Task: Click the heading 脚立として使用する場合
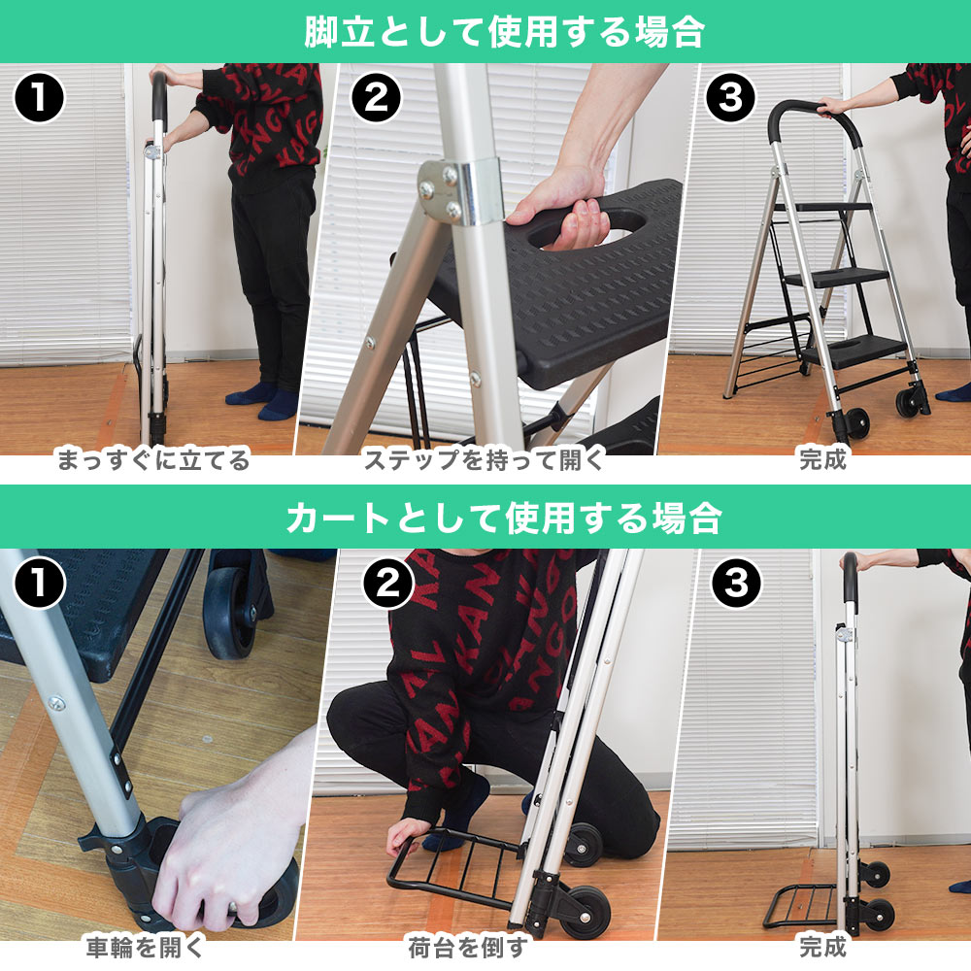(x=504, y=32)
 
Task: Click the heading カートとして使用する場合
(x=504, y=518)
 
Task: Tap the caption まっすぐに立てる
(x=153, y=459)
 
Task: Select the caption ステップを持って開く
(x=484, y=459)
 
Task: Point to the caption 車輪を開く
(x=145, y=947)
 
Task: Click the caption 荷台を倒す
(x=469, y=947)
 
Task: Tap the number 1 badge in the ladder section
(x=39, y=98)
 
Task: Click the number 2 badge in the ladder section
(x=376, y=98)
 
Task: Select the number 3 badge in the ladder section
(x=731, y=98)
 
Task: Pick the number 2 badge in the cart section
(x=388, y=584)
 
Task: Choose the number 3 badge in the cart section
(x=736, y=584)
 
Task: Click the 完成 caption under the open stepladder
(x=822, y=459)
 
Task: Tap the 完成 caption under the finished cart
(x=822, y=947)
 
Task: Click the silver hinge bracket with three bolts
(x=458, y=191)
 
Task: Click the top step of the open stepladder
(x=831, y=208)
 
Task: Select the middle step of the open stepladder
(x=836, y=278)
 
